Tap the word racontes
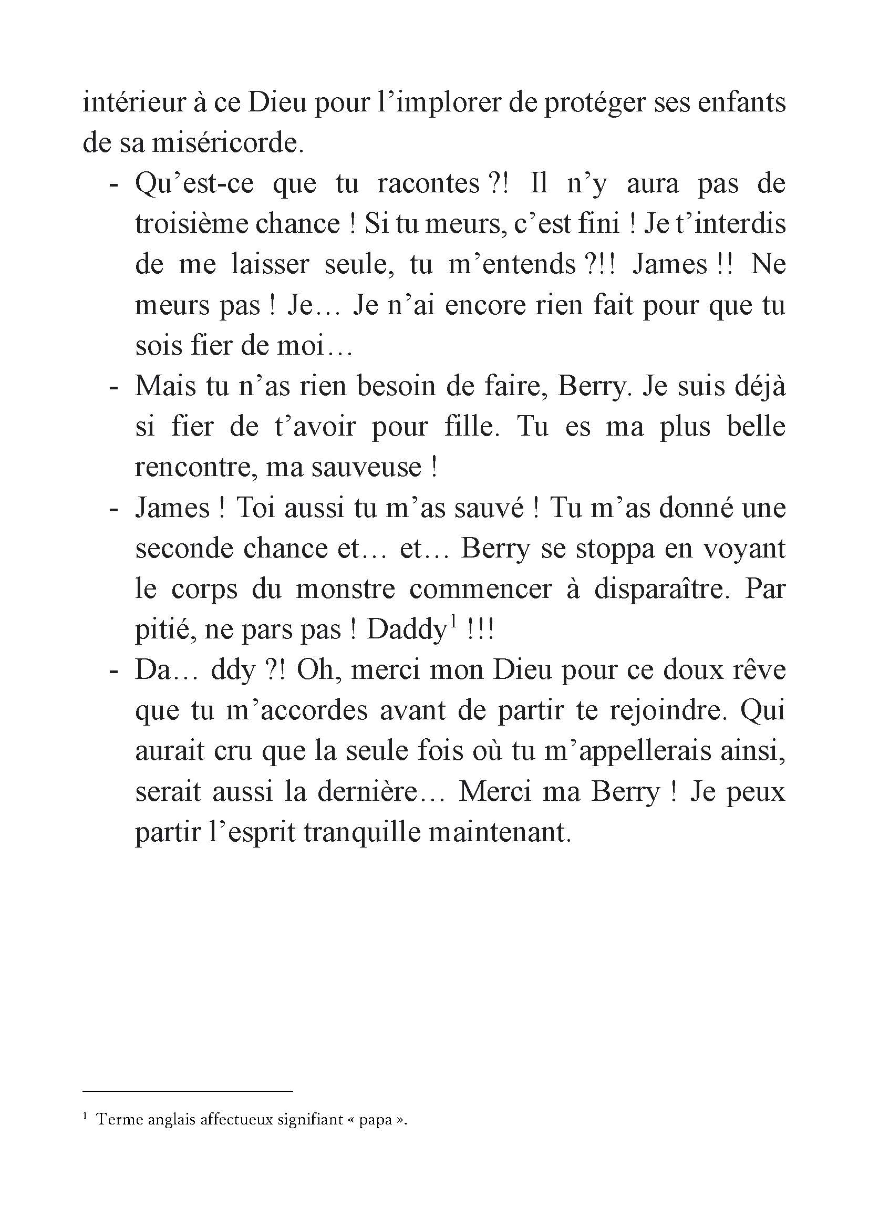tap(428, 183)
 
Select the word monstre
tap(346, 589)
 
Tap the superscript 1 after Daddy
tap(453, 622)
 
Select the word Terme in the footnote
tap(113, 1120)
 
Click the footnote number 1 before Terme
tap(86, 1117)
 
